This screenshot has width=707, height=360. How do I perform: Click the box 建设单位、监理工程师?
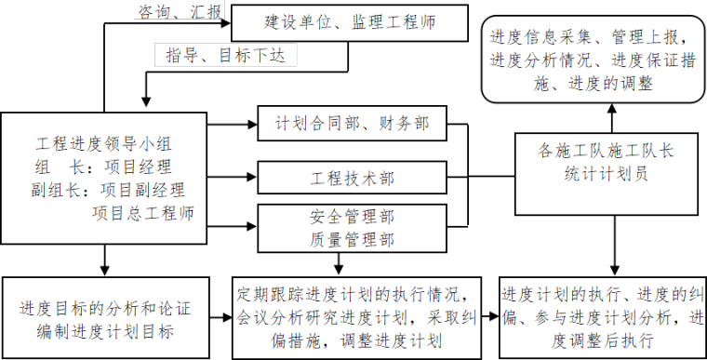click(x=348, y=22)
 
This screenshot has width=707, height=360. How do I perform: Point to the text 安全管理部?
click(x=351, y=218)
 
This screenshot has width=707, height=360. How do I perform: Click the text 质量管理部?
click(x=351, y=239)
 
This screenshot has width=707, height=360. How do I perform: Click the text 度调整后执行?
click(x=602, y=340)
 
